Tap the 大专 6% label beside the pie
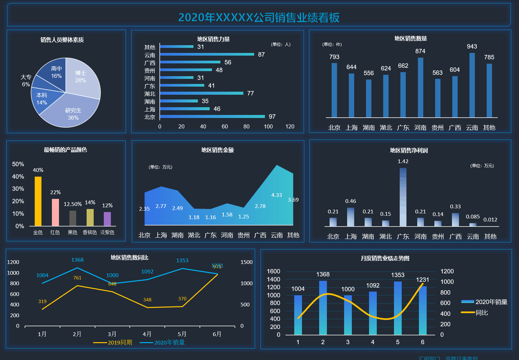(26, 81)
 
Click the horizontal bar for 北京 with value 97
(212, 117)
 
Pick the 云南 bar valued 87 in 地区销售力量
(207, 54)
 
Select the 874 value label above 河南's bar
(420, 51)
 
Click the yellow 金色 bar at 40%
(38, 201)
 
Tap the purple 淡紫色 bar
(107, 219)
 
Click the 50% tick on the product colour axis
(18, 164)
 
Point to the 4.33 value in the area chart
(276, 195)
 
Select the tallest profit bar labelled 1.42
(403, 197)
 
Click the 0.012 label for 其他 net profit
(490, 220)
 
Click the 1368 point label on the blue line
(77, 260)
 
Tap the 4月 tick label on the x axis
(147, 334)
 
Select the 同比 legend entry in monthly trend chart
(475, 313)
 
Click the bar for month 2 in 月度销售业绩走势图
(323, 307)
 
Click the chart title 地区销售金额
(217, 150)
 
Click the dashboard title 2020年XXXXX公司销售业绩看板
(259, 18)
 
